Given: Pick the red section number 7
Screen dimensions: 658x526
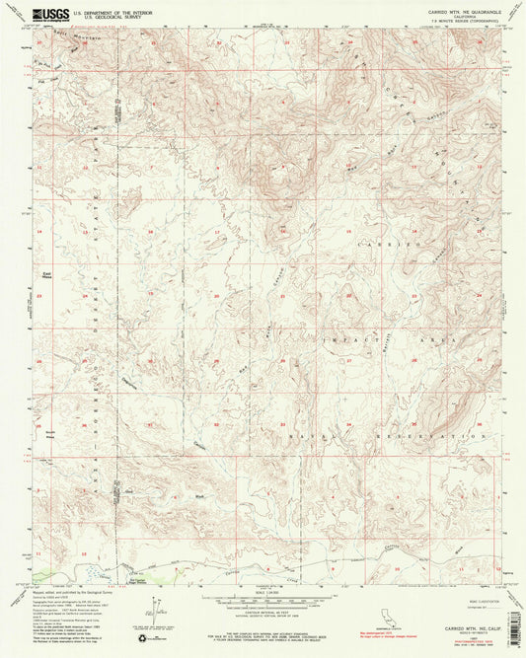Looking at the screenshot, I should (39, 170).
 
